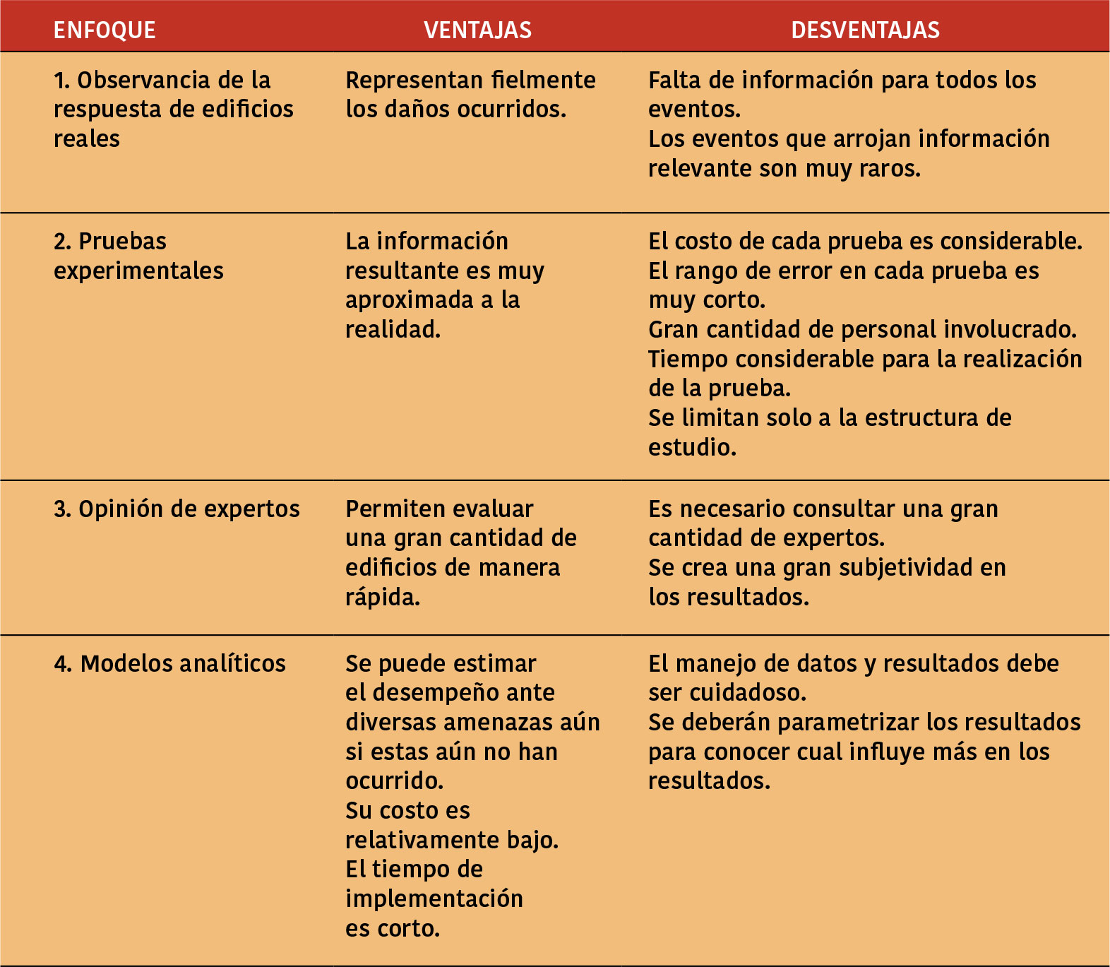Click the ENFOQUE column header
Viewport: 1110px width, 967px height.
point(105,30)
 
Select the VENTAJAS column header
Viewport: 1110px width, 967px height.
point(477,30)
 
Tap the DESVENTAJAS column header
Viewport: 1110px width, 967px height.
point(865,30)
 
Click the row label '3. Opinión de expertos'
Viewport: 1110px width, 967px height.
point(177,509)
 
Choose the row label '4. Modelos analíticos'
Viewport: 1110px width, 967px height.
point(169,663)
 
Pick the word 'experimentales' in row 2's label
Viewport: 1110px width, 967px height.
point(138,271)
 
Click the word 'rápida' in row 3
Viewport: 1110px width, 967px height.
point(382,598)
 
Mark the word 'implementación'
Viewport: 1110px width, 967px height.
point(434,899)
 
